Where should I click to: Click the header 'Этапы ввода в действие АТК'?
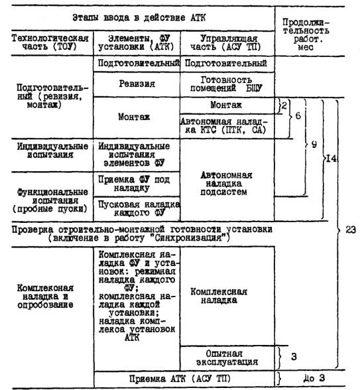click(139, 18)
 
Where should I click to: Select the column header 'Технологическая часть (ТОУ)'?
click(50, 42)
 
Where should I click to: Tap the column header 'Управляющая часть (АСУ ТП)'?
click(225, 42)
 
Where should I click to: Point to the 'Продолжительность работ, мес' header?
click(306, 34)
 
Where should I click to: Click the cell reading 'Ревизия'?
click(137, 84)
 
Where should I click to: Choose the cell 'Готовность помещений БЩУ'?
click(226, 84)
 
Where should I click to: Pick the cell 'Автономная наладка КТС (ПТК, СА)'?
click(224, 125)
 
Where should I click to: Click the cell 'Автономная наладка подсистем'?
click(225, 184)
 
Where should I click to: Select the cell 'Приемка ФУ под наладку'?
click(134, 184)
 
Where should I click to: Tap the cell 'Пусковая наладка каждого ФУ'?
click(139, 208)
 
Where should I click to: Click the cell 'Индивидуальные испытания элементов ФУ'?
click(134, 155)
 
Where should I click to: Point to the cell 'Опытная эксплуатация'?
click(227, 357)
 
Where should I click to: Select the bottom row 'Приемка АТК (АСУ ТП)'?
click(180, 379)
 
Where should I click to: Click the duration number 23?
click(351, 229)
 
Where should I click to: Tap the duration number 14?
click(331, 159)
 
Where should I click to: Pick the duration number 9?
click(314, 145)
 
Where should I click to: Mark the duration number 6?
click(298, 115)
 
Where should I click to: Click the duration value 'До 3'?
click(314, 378)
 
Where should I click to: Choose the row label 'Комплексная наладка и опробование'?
click(45, 296)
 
